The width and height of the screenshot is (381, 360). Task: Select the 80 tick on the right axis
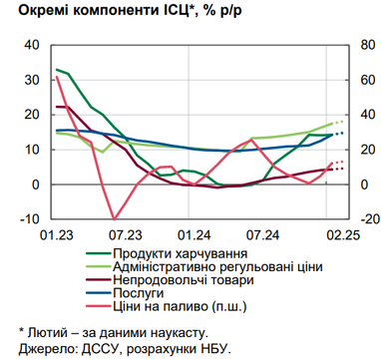[x=364, y=45]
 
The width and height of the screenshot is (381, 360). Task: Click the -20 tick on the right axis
[x=366, y=219]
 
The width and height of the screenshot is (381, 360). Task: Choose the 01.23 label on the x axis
[x=56, y=235]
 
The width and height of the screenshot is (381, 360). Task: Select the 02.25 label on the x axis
[x=342, y=235]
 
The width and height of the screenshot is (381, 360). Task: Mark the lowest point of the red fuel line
[x=115, y=218]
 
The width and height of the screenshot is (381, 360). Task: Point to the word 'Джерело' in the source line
[x=36, y=347]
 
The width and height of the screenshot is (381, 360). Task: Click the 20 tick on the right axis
[x=364, y=150]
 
